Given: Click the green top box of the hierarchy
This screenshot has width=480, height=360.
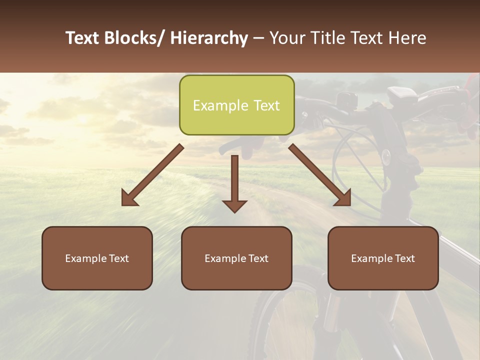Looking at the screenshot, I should [236, 105].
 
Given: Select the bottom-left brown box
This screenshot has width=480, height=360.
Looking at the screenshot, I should [97, 258].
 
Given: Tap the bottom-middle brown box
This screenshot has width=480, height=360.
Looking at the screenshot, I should [236, 258].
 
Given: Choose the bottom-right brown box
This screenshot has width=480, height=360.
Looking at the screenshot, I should [383, 258].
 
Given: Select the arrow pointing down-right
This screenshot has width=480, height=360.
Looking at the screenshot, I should [320, 175].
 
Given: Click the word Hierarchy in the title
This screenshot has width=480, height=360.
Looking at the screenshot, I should [208, 38].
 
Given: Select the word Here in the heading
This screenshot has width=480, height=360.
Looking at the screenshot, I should [405, 38].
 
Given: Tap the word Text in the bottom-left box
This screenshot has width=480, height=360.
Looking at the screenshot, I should [118, 258].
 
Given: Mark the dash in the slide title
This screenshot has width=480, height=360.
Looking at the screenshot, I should [258, 38].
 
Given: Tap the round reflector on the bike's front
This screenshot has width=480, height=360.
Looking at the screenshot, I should [386, 157].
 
